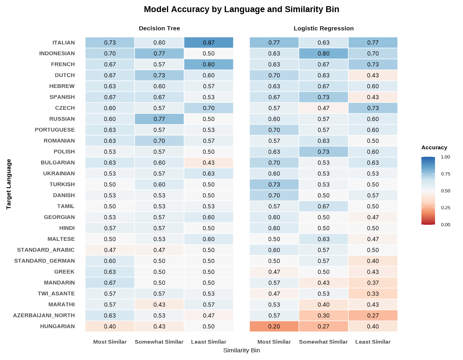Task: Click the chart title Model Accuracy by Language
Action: pyautogui.click(x=241, y=9)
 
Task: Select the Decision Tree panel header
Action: pyautogui.click(x=159, y=28)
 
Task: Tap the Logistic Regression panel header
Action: pyautogui.click(x=324, y=28)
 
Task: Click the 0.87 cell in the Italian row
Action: pyautogui.click(x=208, y=42)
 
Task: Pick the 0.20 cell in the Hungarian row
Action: pyautogui.click(x=274, y=326)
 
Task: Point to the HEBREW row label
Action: pyautogui.click(x=62, y=86)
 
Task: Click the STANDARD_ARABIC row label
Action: pyautogui.click(x=46, y=250)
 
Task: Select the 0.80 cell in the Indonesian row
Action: pyautogui.click(x=324, y=53)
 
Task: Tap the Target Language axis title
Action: pyautogui.click(x=9, y=184)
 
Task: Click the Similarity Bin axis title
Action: pyautogui.click(x=241, y=351)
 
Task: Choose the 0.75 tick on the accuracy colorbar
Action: pyautogui.click(x=445, y=174)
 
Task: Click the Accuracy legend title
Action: pyautogui.click(x=434, y=148)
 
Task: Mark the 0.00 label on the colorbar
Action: pyautogui.click(x=445, y=225)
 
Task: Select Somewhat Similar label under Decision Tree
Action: pyautogui.click(x=159, y=342)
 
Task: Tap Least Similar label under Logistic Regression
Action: pyautogui.click(x=373, y=342)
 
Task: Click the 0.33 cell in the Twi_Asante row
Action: pyautogui.click(x=373, y=294)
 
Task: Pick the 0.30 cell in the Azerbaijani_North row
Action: pyautogui.click(x=324, y=315)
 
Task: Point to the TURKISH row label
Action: pyautogui.click(x=62, y=184)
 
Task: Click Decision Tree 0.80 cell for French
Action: pyautogui.click(x=208, y=64)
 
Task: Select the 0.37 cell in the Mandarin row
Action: pyautogui.click(x=373, y=283)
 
